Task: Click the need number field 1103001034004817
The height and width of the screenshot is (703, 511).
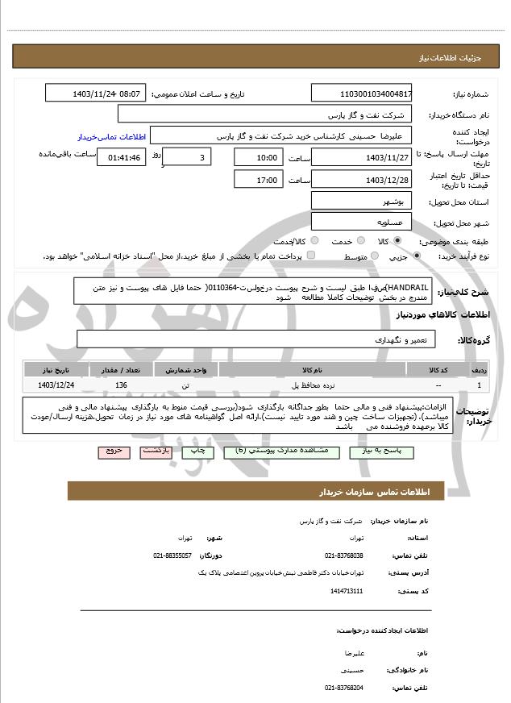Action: [x=361, y=94]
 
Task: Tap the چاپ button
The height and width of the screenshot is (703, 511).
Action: [x=197, y=451]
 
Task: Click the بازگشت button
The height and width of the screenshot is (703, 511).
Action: [x=156, y=451]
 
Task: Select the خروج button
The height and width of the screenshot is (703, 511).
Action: [x=113, y=451]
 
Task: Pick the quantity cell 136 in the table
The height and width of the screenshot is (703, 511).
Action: [x=122, y=385]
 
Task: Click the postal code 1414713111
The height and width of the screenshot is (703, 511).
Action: [x=347, y=591]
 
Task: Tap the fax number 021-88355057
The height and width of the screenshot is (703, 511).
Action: [x=172, y=555]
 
